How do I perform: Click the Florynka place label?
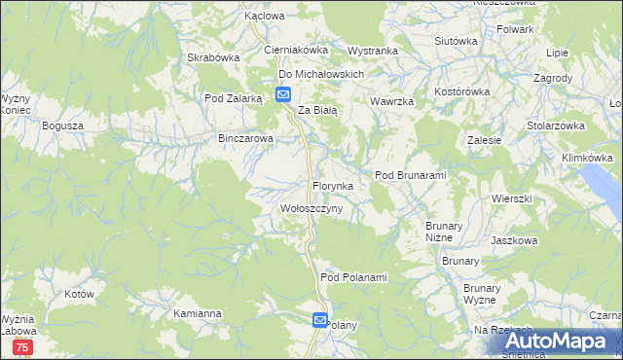point(339,185)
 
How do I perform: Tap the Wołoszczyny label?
point(311,209)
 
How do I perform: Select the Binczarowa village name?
point(246,139)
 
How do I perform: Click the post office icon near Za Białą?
point(282,94)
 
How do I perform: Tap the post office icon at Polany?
point(320,319)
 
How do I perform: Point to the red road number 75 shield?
point(24,347)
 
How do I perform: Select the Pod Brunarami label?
point(410,175)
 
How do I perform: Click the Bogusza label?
point(63,126)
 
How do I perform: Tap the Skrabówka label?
point(213,57)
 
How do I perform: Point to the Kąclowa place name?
point(265,17)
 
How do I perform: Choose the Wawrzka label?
point(392,102)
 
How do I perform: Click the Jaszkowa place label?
point(515,239)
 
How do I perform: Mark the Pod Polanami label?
point(353,277)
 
